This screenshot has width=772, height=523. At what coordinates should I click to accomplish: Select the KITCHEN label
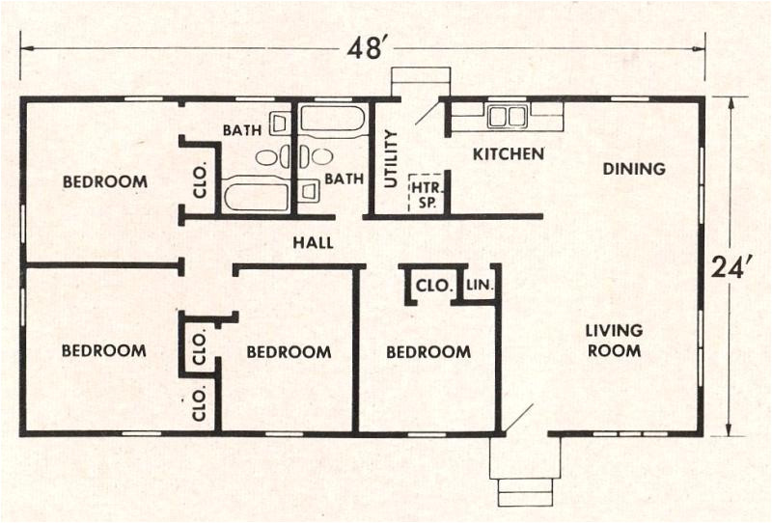coord(508,153)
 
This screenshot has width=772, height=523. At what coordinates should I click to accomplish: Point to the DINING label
coord(634,169)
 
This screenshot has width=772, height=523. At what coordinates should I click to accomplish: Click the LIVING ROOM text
coord(614,341)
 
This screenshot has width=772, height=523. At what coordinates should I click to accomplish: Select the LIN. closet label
coord(480,286)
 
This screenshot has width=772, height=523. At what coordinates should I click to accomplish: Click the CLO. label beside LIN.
coord(429,286)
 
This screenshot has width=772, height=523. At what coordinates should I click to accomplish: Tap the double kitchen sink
coord(507,117)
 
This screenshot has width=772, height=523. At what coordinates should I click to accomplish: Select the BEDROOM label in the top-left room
coord(105,181)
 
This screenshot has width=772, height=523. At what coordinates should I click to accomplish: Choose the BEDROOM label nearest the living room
coord(428,352)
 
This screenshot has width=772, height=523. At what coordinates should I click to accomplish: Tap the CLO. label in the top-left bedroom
coord(201,184)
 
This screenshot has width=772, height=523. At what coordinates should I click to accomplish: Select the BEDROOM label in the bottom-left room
coord(104,350)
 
